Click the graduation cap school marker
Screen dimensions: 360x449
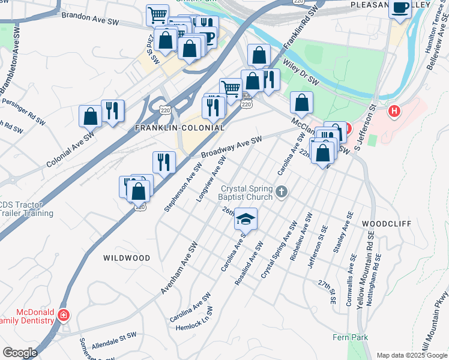(246, 219)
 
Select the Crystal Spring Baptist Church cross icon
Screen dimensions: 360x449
(282, 193)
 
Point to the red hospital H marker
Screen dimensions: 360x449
(394, 111)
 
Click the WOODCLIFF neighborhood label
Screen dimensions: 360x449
(387, 223)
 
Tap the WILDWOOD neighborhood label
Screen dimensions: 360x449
(127, 258)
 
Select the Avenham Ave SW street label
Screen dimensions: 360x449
(178, 269)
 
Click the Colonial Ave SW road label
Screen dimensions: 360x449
(71, 150)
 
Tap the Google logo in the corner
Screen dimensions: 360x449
(19, 352)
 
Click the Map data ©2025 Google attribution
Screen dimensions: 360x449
(411, 355)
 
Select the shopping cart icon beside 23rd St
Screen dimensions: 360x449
(157, 15)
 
